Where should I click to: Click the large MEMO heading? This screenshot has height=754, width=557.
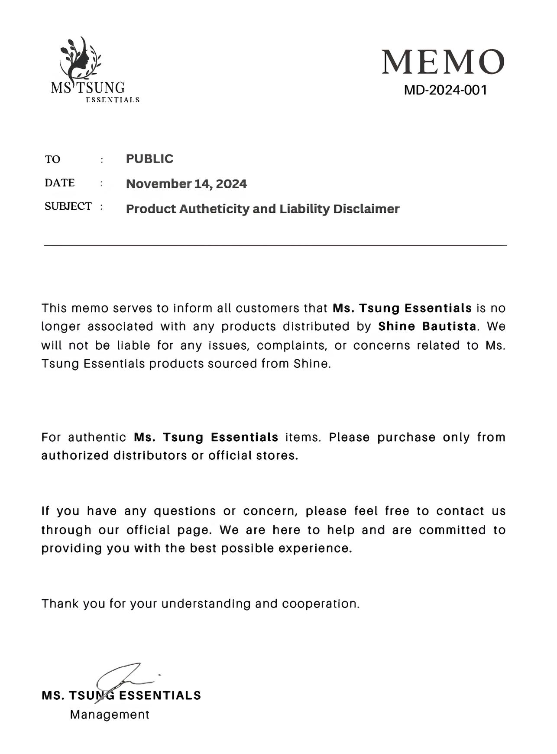coord(443,62)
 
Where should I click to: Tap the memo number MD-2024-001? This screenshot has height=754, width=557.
coord(446,90)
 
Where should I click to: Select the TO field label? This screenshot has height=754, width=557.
coord(52,159)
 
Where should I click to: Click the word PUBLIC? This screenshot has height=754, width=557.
coord(149,159)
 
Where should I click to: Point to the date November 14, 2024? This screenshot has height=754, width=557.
coord(186,184)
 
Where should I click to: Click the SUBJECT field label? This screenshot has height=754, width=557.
coord(68,206)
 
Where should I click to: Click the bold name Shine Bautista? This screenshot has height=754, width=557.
coord(427,326)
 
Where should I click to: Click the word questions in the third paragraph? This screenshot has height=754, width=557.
coord(185,511)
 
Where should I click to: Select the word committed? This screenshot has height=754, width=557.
coord(452,530)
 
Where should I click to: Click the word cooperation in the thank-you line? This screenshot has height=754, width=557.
coord(320,604)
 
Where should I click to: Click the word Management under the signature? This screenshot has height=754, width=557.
coord(110,715)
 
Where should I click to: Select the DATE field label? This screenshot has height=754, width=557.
coord(59,183)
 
